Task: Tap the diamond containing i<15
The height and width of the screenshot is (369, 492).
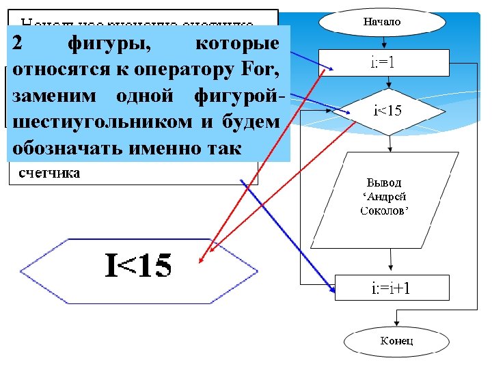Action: click(x=387, y=110)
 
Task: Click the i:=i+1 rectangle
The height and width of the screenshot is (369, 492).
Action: click(x=392, y=288)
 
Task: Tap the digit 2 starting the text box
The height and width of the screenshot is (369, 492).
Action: click(x=19, y=43)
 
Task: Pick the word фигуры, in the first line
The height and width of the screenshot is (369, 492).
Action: click(x=111, y=44)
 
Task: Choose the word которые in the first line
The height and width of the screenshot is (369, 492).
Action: click(x=236, y=44)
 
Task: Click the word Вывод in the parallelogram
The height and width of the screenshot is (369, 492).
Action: click(x=384, y=183)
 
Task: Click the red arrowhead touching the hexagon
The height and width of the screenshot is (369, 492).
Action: click(x=200, y=260)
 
